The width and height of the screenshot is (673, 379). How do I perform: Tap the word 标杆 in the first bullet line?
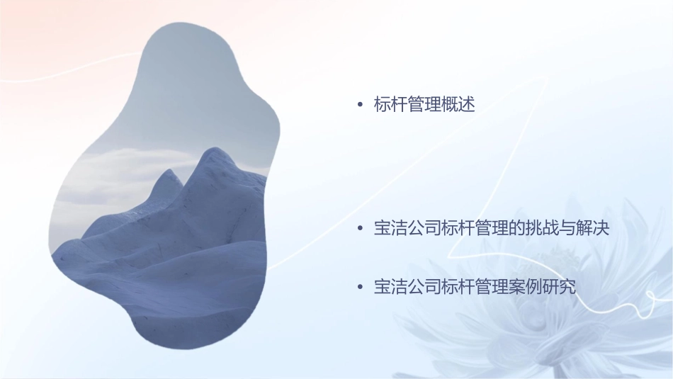click(x=391, y=106)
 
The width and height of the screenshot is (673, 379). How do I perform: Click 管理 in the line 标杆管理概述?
click(x=424, y=106)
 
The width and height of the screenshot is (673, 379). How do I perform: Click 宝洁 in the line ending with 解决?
click(x=391, y=229)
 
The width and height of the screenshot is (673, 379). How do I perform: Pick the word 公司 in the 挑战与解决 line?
click(x=424, y=229)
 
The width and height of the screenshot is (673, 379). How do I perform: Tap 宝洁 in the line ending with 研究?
click(x=391, y=288)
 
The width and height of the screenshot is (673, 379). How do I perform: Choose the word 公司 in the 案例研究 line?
click(x=424, y=288)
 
